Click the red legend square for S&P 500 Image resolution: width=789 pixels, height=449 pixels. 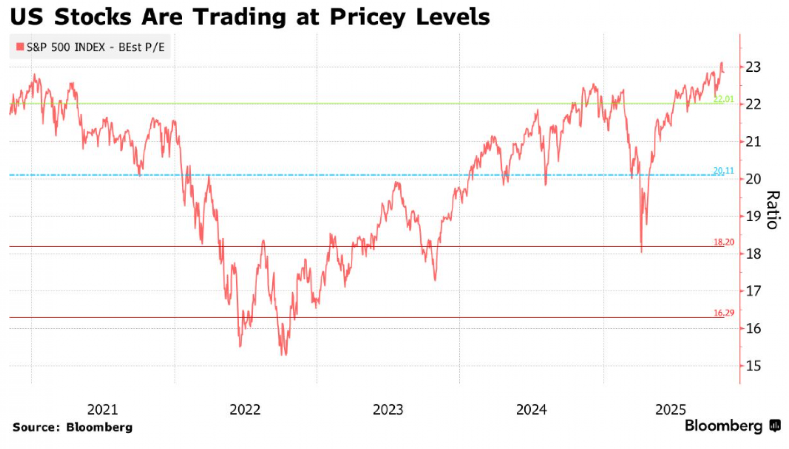pos(20,47)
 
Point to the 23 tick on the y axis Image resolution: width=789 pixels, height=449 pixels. pos(753,67)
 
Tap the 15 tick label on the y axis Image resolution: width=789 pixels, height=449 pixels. pos(753,366)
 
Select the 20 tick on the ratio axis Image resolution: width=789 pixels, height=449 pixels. pos(753,179)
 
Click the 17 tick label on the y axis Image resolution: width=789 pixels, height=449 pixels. pos(753,291)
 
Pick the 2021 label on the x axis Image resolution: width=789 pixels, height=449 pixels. pos(103,410)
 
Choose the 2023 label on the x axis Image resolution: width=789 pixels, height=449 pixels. pos(388,410)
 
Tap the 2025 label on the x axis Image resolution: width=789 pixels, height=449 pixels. pos(671,410)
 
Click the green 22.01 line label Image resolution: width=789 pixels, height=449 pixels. pos(724,99)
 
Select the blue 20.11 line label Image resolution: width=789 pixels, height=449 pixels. pos(724,171)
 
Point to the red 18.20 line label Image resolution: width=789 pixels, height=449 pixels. pos(724,242)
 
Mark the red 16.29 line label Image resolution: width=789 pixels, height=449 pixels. pos(724,313)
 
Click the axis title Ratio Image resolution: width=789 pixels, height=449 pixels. pos(773,210)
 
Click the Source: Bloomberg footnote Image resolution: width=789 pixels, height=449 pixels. pos(73,427)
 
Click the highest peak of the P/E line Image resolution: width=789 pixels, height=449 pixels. pos(722,63)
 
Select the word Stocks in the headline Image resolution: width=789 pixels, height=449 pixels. pos(93,17)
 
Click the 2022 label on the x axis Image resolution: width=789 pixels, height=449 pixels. pos(245,410)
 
